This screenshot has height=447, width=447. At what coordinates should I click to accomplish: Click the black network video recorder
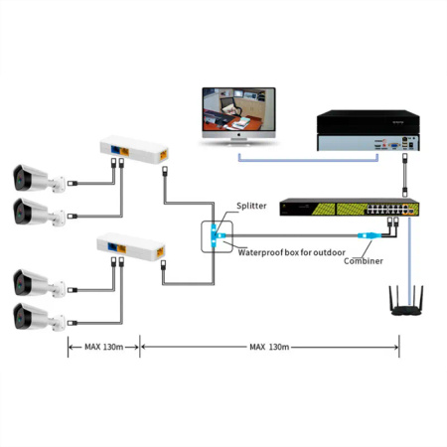(x=364, y=132)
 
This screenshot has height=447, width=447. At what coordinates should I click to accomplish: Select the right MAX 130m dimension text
(x=270, y=347)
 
